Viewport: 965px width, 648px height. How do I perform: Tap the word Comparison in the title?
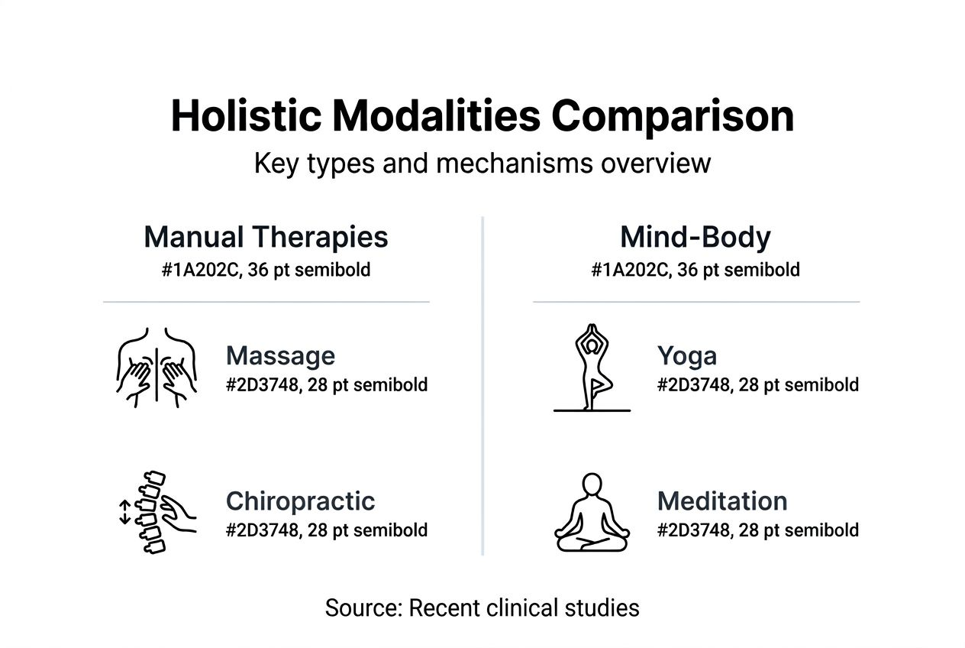pyautogui.click(x=673, y=116)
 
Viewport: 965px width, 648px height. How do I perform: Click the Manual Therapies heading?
pyautogui.click(x=266, y=237)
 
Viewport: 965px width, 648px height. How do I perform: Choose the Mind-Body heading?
pyautogui.click(x=696, y=237)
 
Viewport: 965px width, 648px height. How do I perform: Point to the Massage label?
pyautogui.click(x=280, y=355)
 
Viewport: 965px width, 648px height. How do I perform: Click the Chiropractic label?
pyautogui.click(x=300, y=501)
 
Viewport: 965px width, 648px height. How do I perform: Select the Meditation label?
pyautogui.click(x=722, y=501)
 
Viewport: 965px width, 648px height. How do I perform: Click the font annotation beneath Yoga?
pyautogui.click(x=757, y=384)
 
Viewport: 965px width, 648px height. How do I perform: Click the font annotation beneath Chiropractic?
pyautogui.click(x=327, y=530)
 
